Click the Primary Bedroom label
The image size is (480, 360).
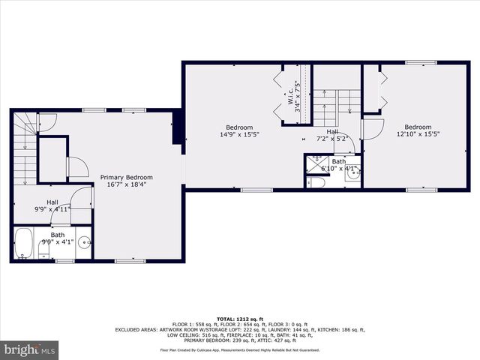click(126, 177)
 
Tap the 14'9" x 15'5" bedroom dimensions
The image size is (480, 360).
click(239, 135)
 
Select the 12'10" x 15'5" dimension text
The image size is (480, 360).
click(418, 135)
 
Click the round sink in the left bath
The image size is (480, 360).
click(85, 243)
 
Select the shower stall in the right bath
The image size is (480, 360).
click(315, 166)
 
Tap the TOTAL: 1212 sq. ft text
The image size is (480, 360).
click(239, 318)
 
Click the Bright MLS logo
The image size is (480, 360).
click(30, 350)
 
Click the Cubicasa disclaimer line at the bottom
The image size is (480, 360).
click(239, 350)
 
